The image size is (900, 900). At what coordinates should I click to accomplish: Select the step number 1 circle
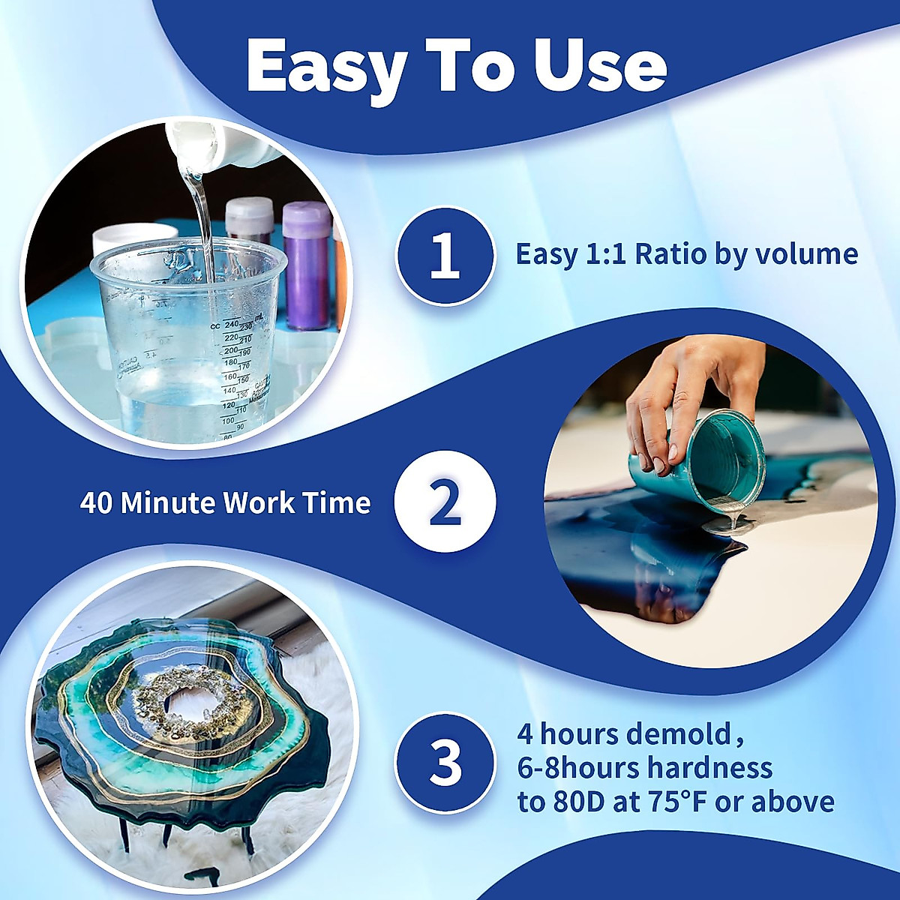tap(445, 256)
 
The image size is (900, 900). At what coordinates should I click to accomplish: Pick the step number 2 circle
tap(445, 502)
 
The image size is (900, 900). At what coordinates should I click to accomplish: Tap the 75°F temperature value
tap(674, 802)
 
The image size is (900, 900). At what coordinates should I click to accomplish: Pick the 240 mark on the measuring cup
tap(230, 324)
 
